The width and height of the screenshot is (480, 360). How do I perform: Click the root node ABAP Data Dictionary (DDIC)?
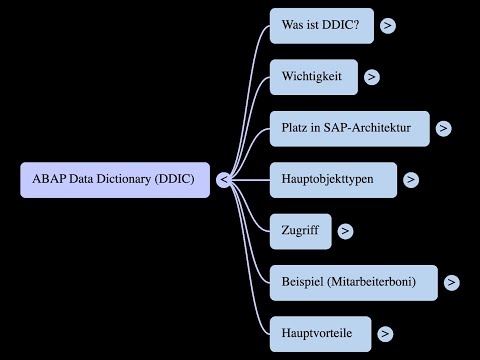[115, 180]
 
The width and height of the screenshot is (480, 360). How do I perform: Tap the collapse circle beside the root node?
[224, 180]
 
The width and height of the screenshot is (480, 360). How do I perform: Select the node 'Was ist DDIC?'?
[321, 25]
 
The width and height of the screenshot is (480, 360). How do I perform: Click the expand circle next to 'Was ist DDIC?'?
[387, 26]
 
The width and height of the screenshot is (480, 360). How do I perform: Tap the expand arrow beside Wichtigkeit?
[372, 76]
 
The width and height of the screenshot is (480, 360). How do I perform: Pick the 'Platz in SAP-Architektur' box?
[349, 128]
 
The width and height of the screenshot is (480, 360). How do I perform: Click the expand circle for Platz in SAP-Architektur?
[443, 128]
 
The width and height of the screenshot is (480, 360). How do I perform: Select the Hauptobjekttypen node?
[333, 179]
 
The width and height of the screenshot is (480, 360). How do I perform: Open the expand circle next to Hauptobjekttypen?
[411, 180]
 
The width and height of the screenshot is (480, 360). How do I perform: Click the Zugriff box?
[300, 231]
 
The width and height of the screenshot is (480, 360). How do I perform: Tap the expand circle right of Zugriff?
[345, 231]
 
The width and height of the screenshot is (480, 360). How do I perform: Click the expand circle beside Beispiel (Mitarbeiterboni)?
[452, 283]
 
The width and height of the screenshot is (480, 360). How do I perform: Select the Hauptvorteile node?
[319, 333]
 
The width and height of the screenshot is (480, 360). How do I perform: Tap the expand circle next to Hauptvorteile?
[385, 334]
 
